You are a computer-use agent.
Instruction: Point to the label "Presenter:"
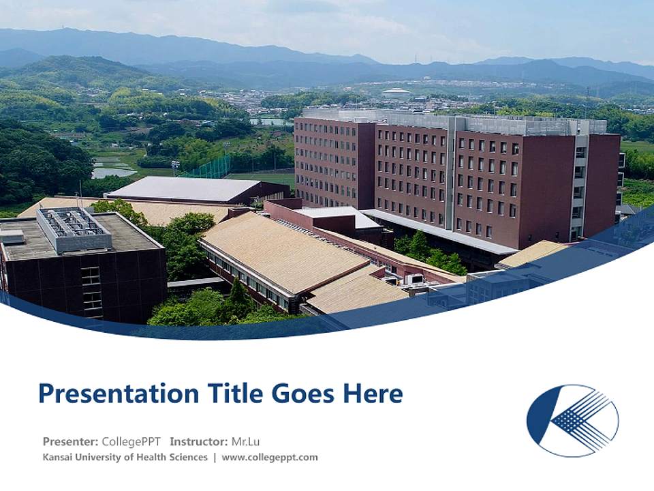pyautogui.click(x=70, y=441)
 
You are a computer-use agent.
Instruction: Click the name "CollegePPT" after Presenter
pyautogui.click(x=131, y=441)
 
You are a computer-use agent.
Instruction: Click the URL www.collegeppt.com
pyautogui.click(x=270, y=457)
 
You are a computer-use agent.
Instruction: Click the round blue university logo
pyautogui.click(x=572, y=420)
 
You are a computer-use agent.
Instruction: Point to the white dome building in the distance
pyautogui.click(x=396, y=92)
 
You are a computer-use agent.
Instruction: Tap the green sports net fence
pyautogui.click(x=204, y=168)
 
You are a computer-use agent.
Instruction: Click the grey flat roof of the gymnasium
pyautogui.click(x=184, y=188)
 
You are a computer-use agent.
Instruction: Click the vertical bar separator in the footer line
pyautogui.click(x=215, y=457)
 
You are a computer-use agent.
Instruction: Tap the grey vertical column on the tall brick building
pyautogui.click(x=450, y=174)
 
